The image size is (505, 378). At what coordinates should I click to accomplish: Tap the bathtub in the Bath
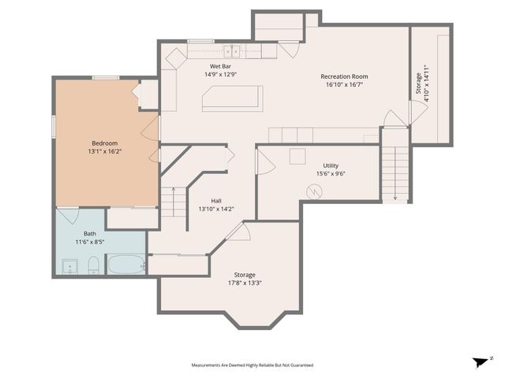(126, 264)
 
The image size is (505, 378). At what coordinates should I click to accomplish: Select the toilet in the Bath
(93, 265)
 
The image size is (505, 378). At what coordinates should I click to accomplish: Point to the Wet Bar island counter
(231, 98)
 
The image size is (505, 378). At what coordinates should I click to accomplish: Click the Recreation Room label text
(344, 76)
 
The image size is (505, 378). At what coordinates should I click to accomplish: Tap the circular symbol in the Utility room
(314, 191)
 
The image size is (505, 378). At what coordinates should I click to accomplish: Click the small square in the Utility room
(297, 156)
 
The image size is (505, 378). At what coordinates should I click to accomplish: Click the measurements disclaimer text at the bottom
(252, 365)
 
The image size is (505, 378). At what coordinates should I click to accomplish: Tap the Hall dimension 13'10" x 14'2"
(215, 209)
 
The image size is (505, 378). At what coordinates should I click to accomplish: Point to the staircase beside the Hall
(173, 202)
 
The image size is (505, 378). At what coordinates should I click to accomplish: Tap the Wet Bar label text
(220, 66)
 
